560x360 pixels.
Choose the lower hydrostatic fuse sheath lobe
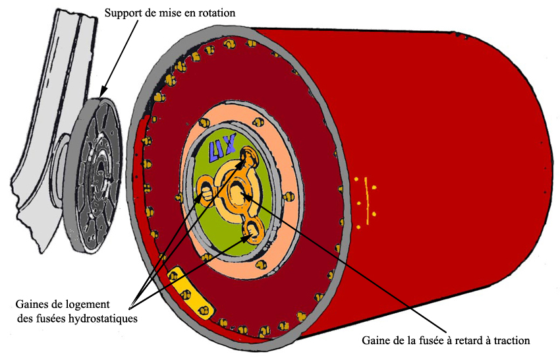coord(253,230)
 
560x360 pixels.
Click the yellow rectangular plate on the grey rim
coord(190,290)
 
